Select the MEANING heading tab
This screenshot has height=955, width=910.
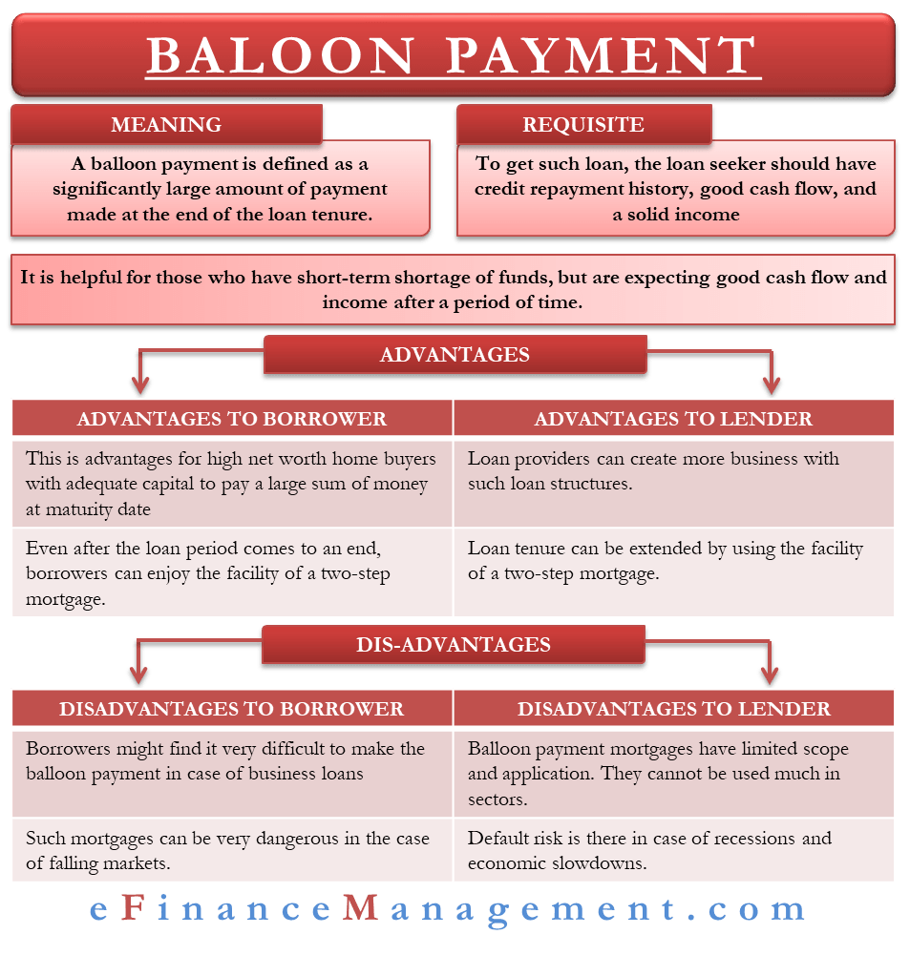[166, 125]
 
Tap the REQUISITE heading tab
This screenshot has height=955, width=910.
[582, 125]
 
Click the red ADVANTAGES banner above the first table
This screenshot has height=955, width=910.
[455, 355]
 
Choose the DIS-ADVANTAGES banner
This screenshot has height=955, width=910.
[455, 645]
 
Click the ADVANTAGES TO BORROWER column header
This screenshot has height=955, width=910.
[231, 419]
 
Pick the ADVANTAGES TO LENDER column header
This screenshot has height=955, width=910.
[673, 419]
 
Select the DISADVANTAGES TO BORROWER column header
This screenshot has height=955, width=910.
[231, 709]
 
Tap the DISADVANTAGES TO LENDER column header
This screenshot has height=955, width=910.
[673, 709]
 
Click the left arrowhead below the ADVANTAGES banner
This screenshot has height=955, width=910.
[140, 384]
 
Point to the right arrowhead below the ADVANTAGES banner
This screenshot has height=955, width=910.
[771, 384]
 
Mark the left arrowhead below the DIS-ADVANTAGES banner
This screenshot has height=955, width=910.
[140, 675]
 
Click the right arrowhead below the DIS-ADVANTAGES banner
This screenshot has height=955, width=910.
[771, 675]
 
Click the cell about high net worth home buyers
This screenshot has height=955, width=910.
[231, 484]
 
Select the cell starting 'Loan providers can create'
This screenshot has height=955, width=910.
[673, 470]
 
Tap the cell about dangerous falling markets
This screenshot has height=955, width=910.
[231, 851]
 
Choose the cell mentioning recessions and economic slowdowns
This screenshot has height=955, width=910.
[673, 851]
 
